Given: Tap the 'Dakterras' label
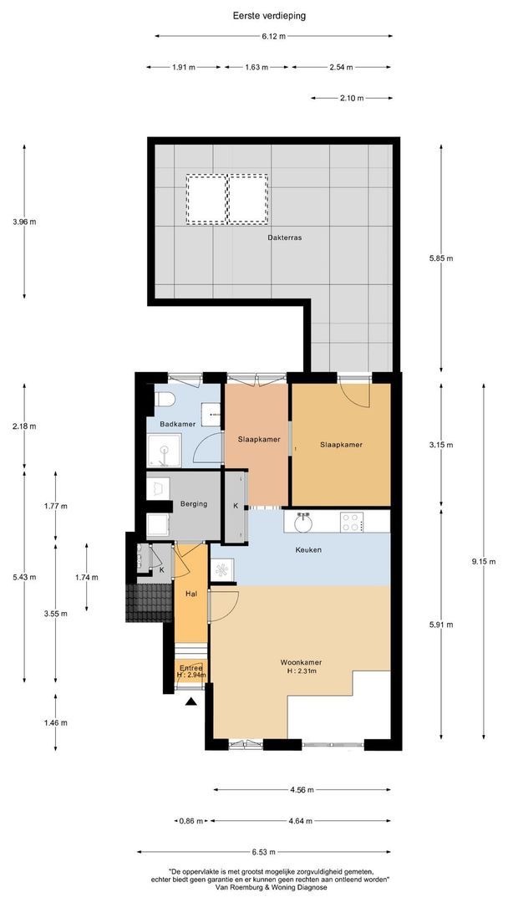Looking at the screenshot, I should (284, 237).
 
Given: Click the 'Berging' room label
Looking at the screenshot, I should (193, 504).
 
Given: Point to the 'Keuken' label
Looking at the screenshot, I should (307, 549).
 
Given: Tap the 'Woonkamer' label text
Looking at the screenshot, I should (302, 661).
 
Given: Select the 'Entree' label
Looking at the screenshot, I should (190, 667).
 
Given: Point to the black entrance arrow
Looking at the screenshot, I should (192, 702).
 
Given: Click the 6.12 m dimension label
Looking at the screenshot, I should (273, 36).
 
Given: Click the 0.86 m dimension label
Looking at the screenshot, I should (192, 821).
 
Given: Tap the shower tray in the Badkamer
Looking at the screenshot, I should (164, 452).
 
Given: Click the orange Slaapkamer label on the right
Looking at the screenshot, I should (341, 445).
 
